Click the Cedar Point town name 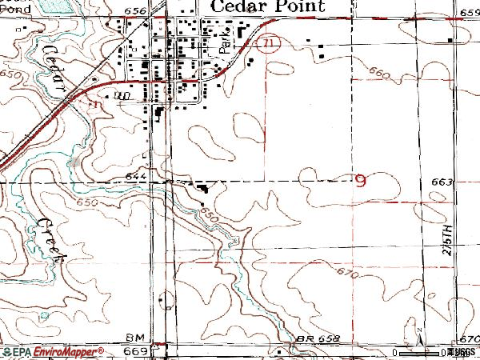[267, 6]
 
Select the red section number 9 [361, 182]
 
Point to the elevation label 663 [442, 182]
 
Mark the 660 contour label [379, 74]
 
